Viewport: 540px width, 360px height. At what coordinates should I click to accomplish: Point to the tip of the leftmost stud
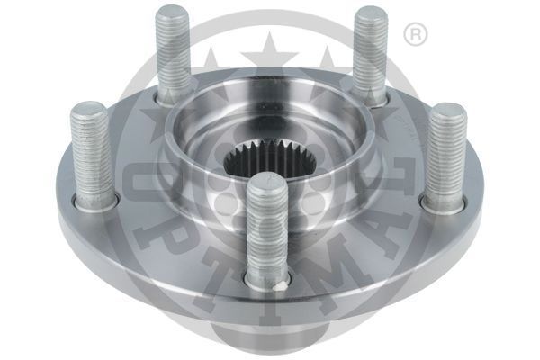click(88, 110)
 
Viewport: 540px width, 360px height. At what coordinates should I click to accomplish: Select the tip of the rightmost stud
click(447, 111)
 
